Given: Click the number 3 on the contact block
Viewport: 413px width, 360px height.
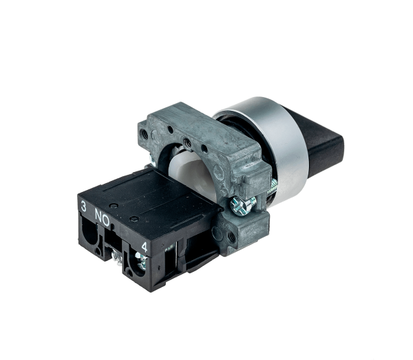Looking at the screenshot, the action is pyautogui.click(x=83, y=207).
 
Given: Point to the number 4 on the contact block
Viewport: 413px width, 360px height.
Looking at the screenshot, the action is pyautogui.click(x=145, y=247).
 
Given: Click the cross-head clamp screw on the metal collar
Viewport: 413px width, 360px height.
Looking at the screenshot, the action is pyautogui.click(x=242, y=204).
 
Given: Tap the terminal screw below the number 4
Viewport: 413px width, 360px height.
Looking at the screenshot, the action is pyautogui.click(x=141, y=260).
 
